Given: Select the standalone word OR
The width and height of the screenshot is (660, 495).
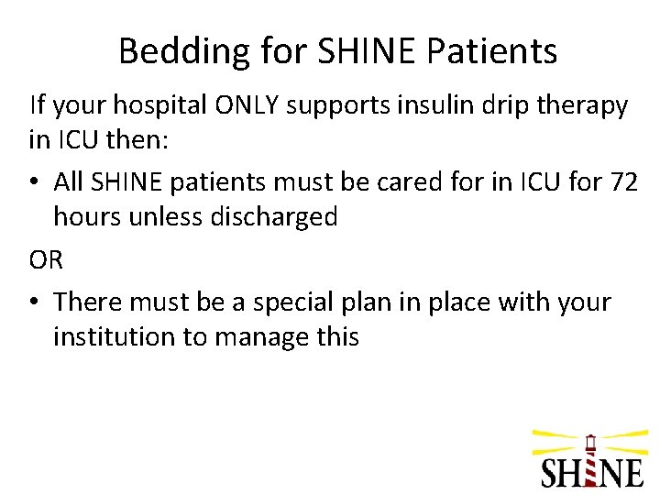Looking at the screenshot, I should [46, 259].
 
